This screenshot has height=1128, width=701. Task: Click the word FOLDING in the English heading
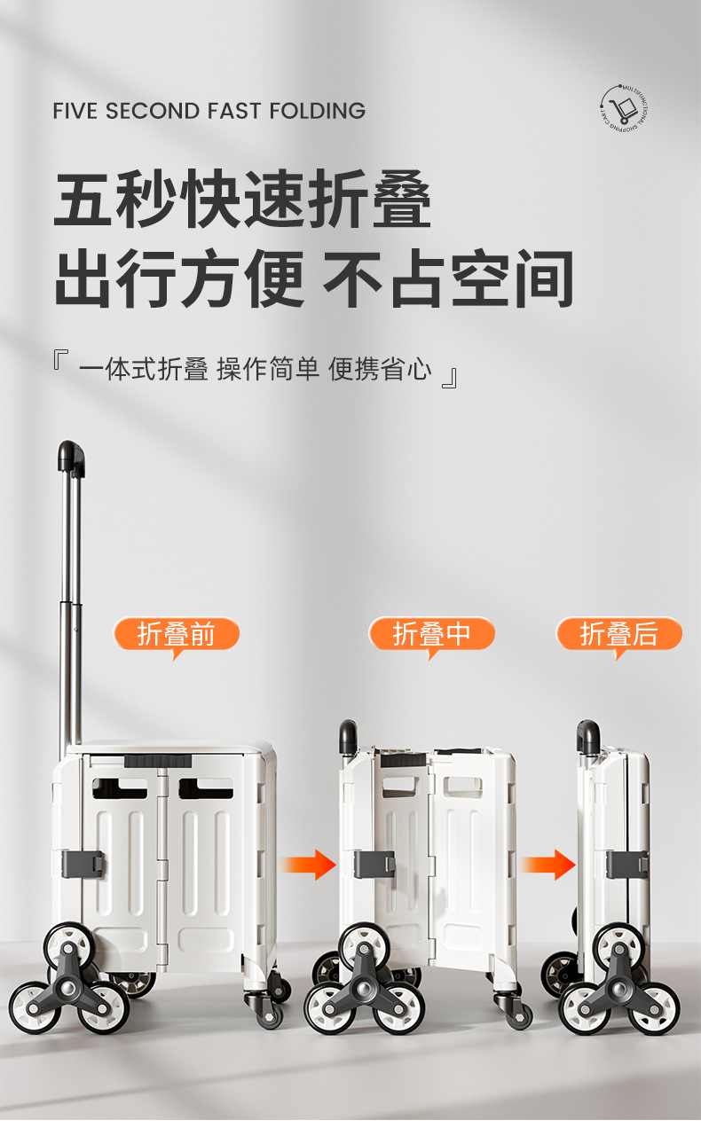[x=317, y=111]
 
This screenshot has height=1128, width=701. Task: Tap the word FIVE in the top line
[x=75, y=111]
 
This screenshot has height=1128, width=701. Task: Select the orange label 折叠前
[x=177, y=634]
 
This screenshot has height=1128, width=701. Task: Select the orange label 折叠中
[x=431, y=634]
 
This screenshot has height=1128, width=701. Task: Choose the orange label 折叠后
[x=618, y=634]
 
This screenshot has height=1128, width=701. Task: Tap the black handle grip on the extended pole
[x=71, y=457]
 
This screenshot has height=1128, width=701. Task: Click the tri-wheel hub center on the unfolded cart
[x=69, y=986]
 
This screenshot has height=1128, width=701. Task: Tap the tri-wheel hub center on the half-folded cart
[x=364, y=986]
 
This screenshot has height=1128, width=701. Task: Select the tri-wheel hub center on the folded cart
[x=618, y=986]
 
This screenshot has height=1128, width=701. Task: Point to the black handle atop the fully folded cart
[x=587, y=736]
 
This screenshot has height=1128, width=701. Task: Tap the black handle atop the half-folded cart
[x=348, y=736]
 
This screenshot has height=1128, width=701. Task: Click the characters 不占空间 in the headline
[x=448, y=278]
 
